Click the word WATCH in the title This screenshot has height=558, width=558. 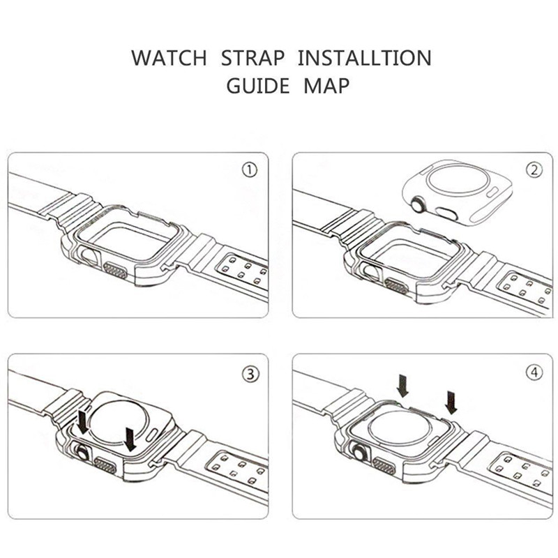tap(169, 58)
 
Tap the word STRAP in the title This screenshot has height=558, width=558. tap(252, 58)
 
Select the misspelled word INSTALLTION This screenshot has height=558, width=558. tap(364, 58)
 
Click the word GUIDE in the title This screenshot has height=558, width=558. tap(258, 86)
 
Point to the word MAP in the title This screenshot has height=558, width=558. tap(326, 86)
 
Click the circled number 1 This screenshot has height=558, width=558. tap(250, 170)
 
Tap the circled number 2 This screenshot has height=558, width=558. tap(534, 170)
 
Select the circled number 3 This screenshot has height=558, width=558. tap(250, 374)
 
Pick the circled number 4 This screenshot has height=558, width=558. tap(534, 372)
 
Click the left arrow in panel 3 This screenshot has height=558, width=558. tap(84, 423)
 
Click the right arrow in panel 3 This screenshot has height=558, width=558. tap(130, 439)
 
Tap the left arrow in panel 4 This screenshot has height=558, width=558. tap(403, 386)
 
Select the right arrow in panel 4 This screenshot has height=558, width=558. tap(451, 402)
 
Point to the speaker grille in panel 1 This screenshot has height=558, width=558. tap(115, 271)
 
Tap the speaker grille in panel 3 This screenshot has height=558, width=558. tap(105, 465)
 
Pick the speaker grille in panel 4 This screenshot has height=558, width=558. tap(384, 466)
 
